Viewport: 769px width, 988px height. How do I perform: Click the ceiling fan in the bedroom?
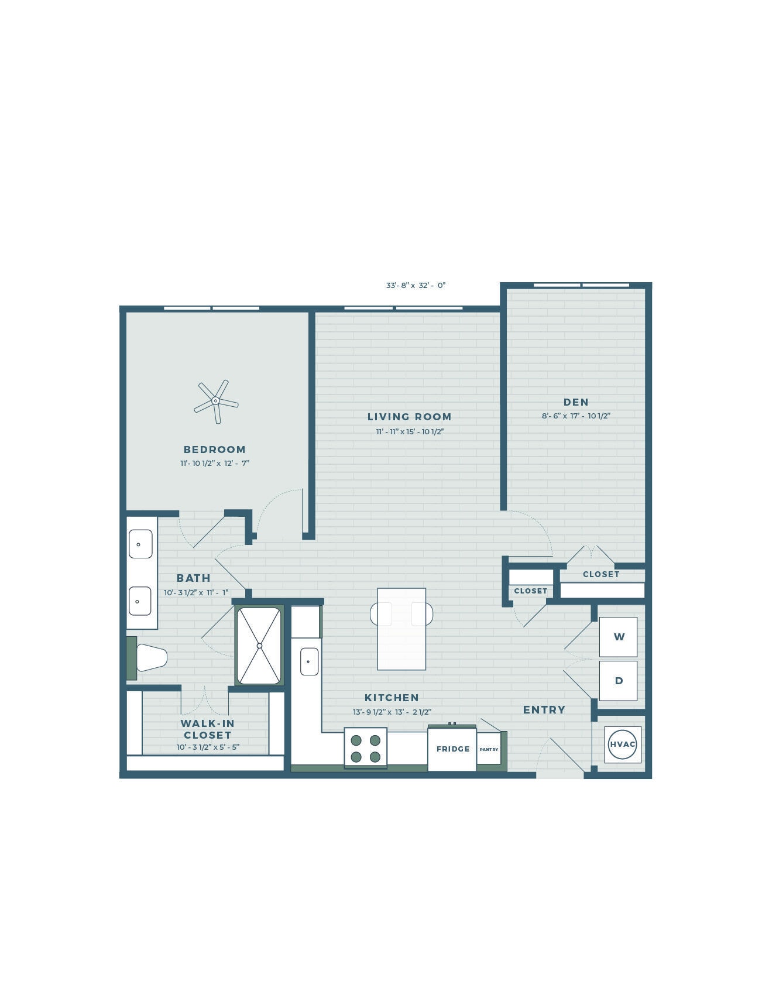click(x=215, y=401)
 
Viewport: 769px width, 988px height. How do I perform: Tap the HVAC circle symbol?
click(x=622, y=744)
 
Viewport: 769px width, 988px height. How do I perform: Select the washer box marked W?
click(x=619, y=637)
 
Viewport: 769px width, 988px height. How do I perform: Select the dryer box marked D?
click(x=619, y=681)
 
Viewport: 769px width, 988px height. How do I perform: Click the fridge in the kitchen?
click(x=452, y=749)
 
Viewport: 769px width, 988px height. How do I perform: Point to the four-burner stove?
click(x=366, y=748)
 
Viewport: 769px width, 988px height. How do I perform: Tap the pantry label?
click(x=489, y=750)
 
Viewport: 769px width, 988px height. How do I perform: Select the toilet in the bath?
click(x=150, y=658)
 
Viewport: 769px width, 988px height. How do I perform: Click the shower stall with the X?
click(x=259, y=646)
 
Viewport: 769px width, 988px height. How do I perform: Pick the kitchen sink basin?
click(x=309, y=661)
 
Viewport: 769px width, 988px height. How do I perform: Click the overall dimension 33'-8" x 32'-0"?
click(x=416, y=286)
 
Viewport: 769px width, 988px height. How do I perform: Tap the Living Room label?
click(x=409, y=417)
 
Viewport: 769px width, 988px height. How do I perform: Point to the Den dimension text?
click(x=576, y=416)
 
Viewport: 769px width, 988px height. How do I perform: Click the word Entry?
click(x=544, y=710)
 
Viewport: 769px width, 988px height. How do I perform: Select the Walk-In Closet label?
click(x=208, y=729)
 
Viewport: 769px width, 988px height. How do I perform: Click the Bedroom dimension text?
click(x=215, y=463)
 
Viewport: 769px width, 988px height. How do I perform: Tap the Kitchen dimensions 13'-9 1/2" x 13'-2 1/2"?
click(x=392, y=712)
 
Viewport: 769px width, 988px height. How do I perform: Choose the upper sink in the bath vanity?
click(x=140, y=544)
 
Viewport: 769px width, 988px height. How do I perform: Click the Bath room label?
click(x=194, y=578)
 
